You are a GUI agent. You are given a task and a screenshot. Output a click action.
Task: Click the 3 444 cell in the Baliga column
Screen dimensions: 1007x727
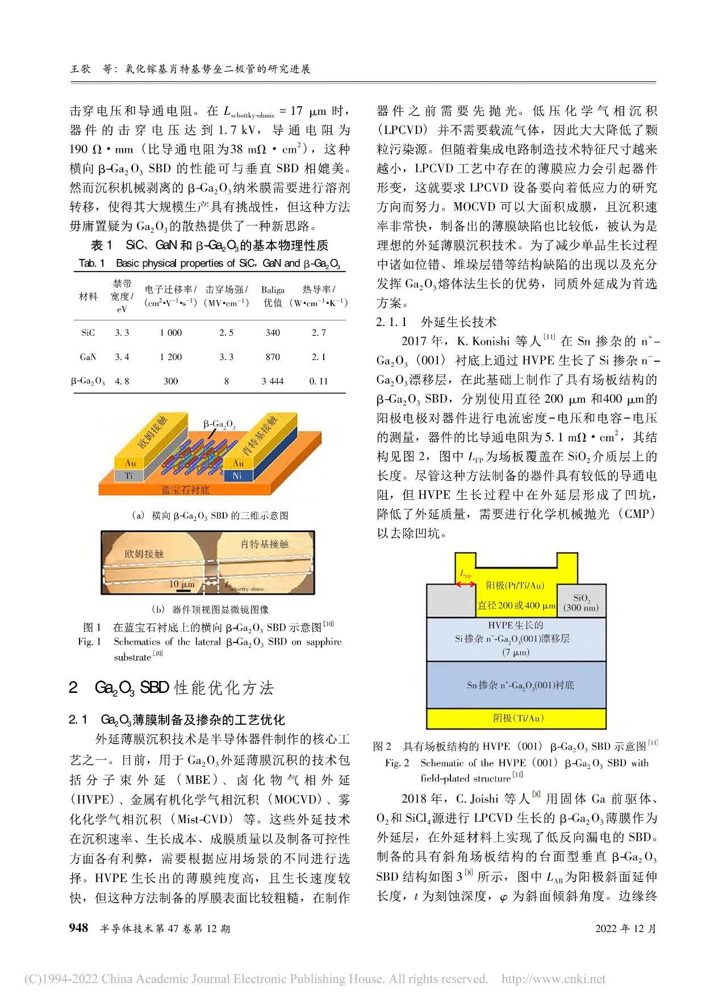[273, 381]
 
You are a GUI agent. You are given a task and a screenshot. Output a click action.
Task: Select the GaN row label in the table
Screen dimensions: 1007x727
[88, 357]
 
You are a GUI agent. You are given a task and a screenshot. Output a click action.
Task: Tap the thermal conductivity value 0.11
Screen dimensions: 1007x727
[318, 381]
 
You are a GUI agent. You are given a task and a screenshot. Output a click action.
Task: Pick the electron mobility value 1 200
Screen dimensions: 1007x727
[170, 357]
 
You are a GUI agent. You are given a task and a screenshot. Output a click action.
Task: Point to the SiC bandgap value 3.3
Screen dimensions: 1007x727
[122, 333]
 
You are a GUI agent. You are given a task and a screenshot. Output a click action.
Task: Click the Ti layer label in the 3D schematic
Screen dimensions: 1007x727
[129, 475]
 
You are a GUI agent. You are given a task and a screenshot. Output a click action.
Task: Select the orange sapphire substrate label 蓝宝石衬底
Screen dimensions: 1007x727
[185, 490]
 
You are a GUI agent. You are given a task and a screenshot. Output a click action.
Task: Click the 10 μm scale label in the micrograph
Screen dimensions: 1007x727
[181, 584]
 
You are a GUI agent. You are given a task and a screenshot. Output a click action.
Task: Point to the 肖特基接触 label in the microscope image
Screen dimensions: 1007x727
[265, 544]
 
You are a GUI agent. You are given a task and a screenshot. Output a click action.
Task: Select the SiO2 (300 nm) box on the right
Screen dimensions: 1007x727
[581, 603]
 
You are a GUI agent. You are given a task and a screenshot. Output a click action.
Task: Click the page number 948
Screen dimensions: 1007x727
[78, 928]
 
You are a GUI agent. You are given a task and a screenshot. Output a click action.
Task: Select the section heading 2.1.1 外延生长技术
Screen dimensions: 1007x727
[436, 322]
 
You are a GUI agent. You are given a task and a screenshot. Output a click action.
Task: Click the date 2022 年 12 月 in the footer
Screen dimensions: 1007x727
[625, 929]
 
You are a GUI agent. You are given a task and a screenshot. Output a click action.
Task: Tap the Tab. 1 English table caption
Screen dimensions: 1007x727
[209, 263]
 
